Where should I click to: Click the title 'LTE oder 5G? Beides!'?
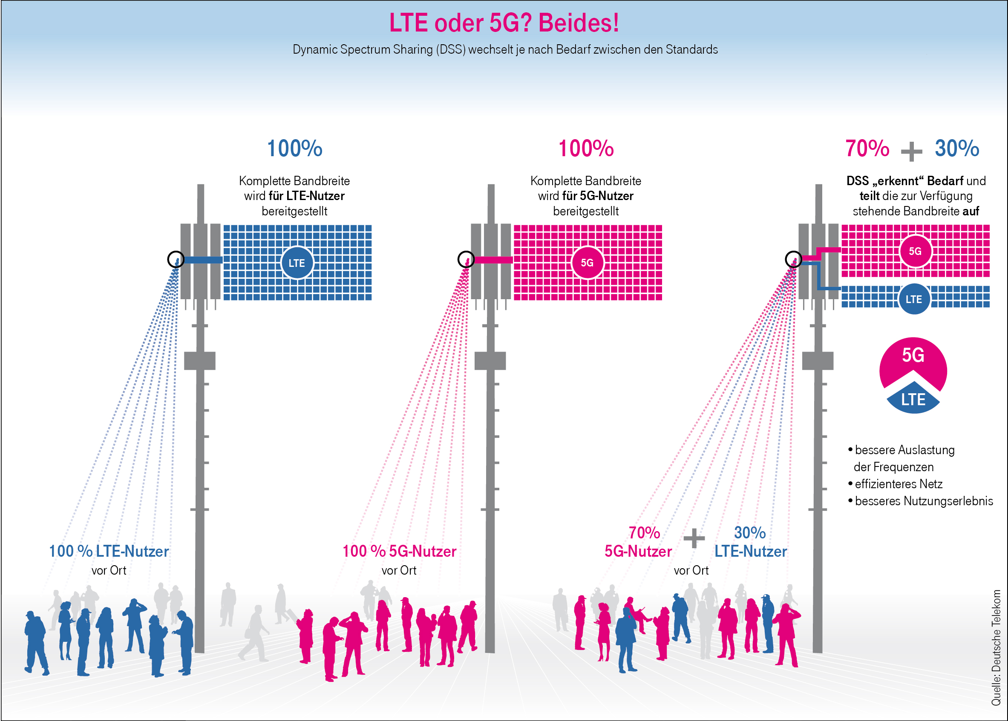(504, 23)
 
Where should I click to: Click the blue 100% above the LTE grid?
(295, 148)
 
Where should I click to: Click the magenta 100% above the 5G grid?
(586, 148)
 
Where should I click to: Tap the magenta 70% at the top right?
(867, 148)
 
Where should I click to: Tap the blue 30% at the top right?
(957, 148)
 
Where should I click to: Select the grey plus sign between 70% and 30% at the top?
(912, 152)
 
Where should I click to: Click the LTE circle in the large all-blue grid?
(297, 263)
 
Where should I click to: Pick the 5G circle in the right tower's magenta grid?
(915, 251)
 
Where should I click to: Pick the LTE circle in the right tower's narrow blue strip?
(914, 299)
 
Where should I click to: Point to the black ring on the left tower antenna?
(176, 259)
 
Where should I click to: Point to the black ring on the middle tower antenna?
(466, 259)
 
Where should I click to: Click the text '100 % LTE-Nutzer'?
(109, 552)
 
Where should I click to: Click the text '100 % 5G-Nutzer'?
(399, 552)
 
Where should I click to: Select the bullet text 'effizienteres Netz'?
(899, 484)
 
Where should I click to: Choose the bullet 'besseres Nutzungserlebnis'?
(924, 501)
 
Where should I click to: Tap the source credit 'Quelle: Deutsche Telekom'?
(996, 647)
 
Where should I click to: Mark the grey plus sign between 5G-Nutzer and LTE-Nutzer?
(694, 539)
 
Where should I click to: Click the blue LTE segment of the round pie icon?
(913, 399)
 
